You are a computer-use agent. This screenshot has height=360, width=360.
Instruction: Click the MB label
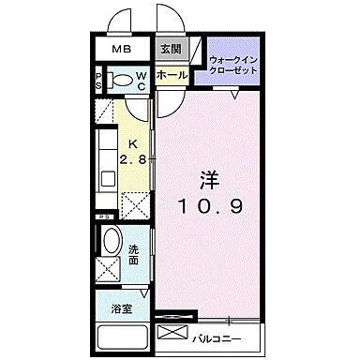tap(122, 50)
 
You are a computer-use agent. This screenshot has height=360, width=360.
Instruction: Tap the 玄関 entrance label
tap(170, 50)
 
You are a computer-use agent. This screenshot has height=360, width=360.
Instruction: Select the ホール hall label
tap(172, 74)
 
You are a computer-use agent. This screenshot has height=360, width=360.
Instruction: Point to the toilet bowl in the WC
tap(119, 80)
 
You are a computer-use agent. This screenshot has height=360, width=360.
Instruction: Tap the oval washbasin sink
tap(111, 243)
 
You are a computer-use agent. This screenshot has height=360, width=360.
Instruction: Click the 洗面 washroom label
tap(134, 254)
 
